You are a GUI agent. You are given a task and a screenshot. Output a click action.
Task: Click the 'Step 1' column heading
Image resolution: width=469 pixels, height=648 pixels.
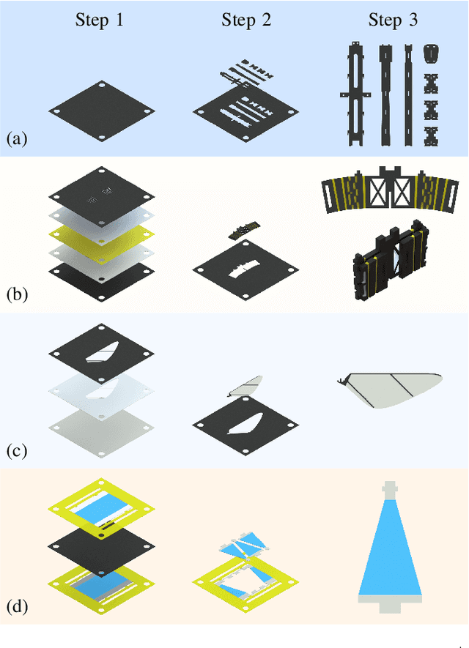click(x=100, y=20)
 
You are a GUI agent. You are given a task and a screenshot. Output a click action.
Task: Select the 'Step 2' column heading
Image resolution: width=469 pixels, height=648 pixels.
click(x=246, y=20)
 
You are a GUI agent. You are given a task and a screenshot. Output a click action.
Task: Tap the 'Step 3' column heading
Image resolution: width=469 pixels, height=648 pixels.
click(x=393, y=20)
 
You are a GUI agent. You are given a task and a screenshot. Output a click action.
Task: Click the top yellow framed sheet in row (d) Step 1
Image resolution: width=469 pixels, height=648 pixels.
click(x=100, y=504)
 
